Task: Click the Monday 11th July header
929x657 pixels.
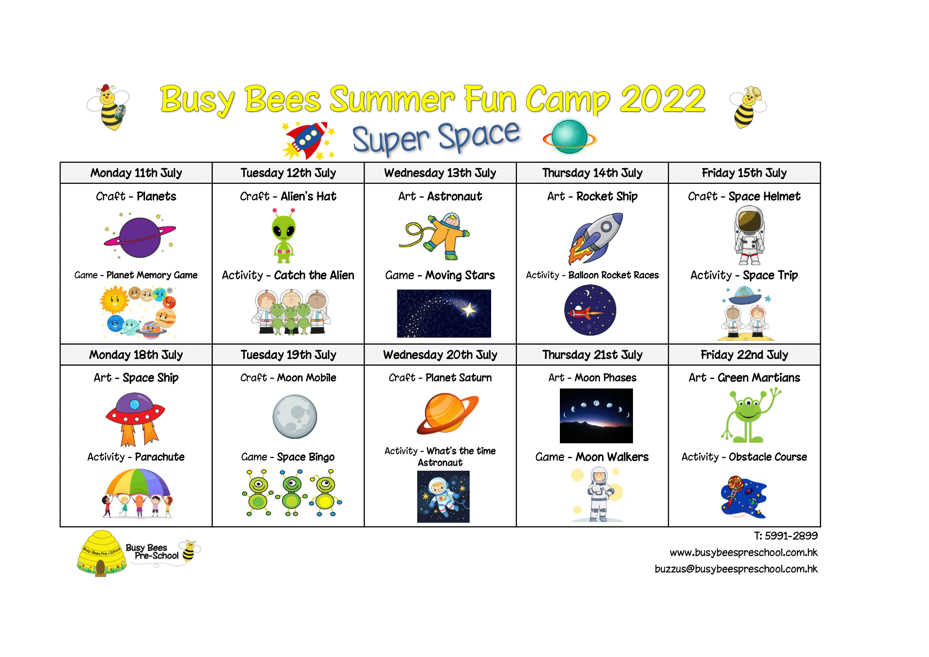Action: point(136,173)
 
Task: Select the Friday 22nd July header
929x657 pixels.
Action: point(744,355)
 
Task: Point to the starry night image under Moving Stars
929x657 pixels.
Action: point(444,313)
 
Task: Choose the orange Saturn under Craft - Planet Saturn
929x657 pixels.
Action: point(447,413)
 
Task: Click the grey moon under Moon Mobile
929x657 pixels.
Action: point(294,417)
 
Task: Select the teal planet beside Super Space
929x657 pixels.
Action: point(570,137)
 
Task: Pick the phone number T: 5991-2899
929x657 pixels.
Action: point(786,535)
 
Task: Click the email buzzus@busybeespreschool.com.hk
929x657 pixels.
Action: point(736,569)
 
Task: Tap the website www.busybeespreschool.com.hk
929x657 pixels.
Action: point(744,553)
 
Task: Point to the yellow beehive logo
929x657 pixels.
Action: point(102,553)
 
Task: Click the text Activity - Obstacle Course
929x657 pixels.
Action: point(744,457)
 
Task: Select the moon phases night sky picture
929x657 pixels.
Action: point(596,416)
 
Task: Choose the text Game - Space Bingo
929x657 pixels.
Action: point(288,457)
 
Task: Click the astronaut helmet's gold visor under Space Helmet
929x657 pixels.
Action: point(749,221)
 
